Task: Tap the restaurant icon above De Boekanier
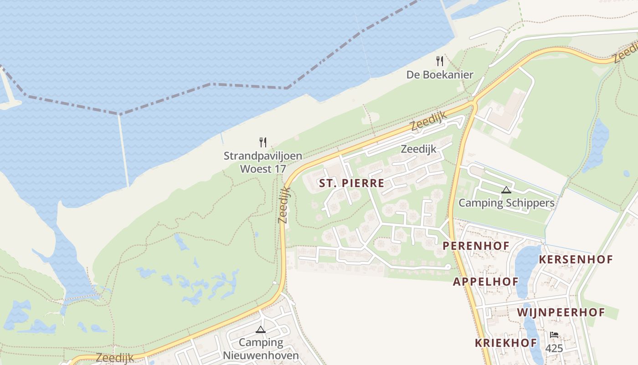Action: [x=440, y=61]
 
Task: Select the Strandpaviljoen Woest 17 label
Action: [x=263, y=162]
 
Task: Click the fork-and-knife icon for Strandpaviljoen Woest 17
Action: [x=263, y=142]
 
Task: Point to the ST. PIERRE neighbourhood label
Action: [x=351, y=183]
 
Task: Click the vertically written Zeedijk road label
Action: [x=283, y=205]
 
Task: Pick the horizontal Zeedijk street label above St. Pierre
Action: [x=418, y=149]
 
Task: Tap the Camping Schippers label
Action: [x=506, y=203]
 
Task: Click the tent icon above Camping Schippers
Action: [x=506, y=189]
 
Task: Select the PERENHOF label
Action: [x=476, y=245]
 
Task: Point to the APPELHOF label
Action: [x=486, y=282]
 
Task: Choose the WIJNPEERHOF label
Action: [x=561, y=313]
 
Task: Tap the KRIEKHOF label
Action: [x=506, y=343]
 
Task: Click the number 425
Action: [x=554, y=349]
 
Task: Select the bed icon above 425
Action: [x=554, y=335]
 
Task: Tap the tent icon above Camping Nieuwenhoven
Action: [x=261, y=329]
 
